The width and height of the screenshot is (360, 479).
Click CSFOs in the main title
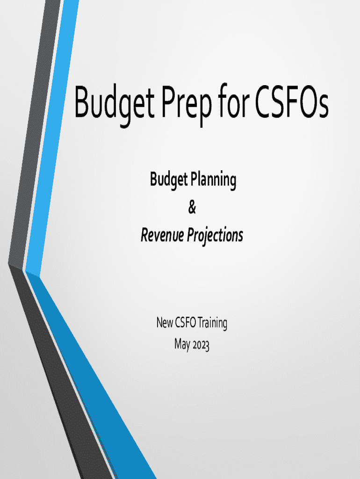point(292,102)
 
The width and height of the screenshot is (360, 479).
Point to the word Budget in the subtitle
point(169,180)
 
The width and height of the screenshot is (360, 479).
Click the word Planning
point(213,180)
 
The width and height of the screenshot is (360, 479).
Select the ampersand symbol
point(192,207)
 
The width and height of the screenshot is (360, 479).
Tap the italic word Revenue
point(162,235)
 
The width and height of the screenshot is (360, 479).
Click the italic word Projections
point(215,236)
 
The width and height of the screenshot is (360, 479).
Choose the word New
point(165,323)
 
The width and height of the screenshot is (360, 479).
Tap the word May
point(182,345)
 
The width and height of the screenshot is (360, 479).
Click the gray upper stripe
point(34,131)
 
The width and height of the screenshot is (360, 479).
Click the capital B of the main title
point(84,102)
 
